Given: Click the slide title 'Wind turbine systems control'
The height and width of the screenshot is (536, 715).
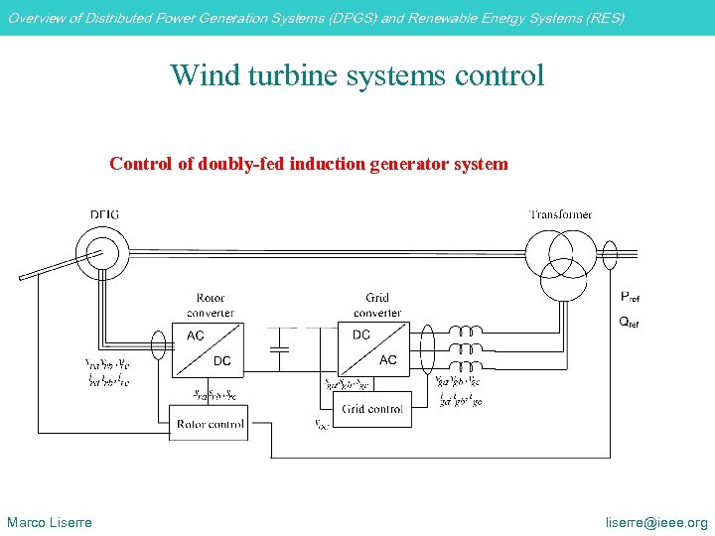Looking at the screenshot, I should click(x=357, y=75).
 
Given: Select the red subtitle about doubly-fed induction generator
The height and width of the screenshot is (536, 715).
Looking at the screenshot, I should click(x=309, y=164).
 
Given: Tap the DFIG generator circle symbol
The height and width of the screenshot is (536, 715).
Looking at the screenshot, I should click(x=100, y=252).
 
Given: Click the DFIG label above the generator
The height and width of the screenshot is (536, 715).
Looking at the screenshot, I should click(x=105, y=214).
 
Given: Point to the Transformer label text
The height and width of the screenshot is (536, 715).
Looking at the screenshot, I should click(x=560, y=214).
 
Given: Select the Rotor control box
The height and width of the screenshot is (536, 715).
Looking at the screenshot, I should click(x=211, y=424).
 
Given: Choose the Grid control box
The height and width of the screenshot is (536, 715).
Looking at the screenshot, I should click(x=373, y=409).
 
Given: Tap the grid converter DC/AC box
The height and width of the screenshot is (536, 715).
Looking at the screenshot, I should click(x=375, y=348).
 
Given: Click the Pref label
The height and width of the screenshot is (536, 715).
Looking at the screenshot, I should click(x=630, y=297).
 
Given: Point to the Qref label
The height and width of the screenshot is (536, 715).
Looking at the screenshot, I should click(x=630, y=322).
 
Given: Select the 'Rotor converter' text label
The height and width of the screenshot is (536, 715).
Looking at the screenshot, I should click(x=211, y=305).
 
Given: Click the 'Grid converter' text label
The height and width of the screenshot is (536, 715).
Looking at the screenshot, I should click(x=377, y=305).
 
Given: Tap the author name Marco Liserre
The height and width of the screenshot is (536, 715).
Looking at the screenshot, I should click(x=50, y=522).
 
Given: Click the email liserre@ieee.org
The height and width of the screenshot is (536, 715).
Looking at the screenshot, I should click(x=657, y=522).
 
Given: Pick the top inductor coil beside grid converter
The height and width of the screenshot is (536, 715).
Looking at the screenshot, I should click(x=465, y=332).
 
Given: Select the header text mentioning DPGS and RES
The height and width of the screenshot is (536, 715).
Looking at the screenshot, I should click(x=317, y=18).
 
